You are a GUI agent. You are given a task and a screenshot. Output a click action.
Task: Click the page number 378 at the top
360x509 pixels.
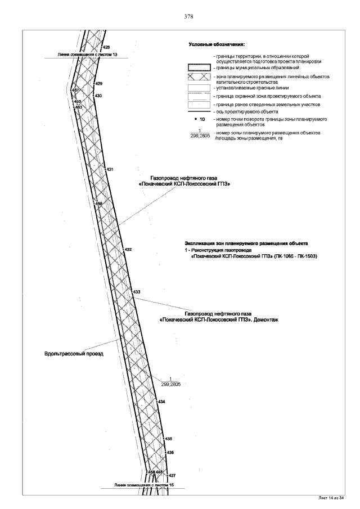(189, 17)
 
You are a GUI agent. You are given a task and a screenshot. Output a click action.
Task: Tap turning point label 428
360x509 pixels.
(106, 47)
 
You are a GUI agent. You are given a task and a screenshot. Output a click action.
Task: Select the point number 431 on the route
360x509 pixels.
(110, 169)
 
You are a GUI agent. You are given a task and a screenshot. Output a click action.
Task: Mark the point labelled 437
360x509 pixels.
(172, 475)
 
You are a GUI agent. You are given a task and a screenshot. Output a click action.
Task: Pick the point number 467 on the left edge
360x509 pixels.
(74, 90)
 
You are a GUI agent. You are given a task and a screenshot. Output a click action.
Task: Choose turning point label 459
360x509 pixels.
(98, 204)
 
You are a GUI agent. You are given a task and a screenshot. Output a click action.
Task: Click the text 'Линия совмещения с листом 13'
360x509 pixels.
(88, 55)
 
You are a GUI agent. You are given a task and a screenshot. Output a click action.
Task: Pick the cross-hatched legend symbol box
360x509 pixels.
(199, 77)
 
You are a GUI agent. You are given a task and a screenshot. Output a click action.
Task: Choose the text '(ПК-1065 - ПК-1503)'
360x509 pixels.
(295, 256)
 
